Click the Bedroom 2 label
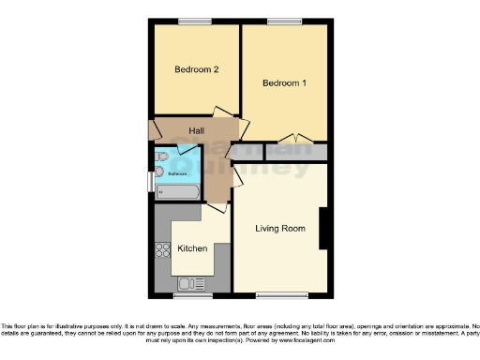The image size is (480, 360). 197,70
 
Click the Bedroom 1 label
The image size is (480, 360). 284,83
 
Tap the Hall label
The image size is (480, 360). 198,130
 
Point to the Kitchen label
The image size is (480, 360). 192,248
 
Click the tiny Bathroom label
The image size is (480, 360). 177,173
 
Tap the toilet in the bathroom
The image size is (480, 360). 160,157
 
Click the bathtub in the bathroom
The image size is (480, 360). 178,191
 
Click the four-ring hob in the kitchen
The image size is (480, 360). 160,249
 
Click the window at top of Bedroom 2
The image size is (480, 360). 196,21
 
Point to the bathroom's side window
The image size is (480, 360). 150,180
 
